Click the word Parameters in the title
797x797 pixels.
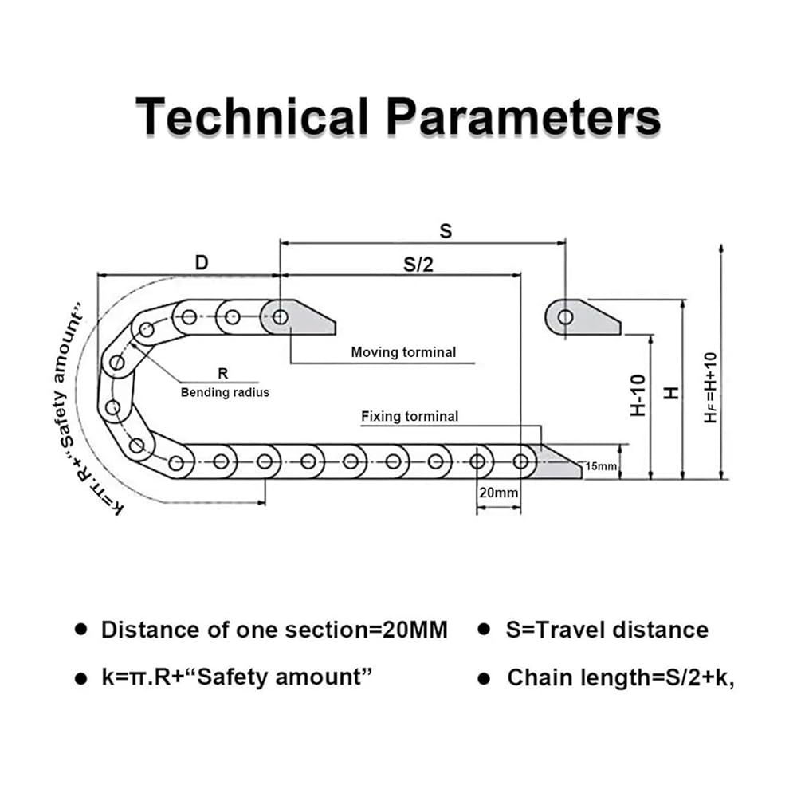[x=524, y=117]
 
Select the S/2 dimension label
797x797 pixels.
[x=418, y=265]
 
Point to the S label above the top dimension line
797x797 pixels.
[x=446, y=231]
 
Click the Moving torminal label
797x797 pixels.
[x=403, y=351]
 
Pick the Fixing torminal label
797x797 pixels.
[x=410, y=416]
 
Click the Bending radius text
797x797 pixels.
[x=225, y=392]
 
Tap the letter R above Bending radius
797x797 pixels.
[x=222, y=372]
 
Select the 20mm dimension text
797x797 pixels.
[x=498, y=493]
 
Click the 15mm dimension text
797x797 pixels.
[x=602, y=466]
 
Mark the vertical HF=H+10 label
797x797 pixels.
[x=710, y=388]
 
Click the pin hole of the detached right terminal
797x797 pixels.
[x=565, y=317]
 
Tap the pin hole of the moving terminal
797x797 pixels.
[x=280, y=317]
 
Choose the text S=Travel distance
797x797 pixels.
[x=607, y=630]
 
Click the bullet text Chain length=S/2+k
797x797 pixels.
[x=620, y=678]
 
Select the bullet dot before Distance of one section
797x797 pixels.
[x=80, y=630]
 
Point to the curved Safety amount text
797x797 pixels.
[x=69, y=375]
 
